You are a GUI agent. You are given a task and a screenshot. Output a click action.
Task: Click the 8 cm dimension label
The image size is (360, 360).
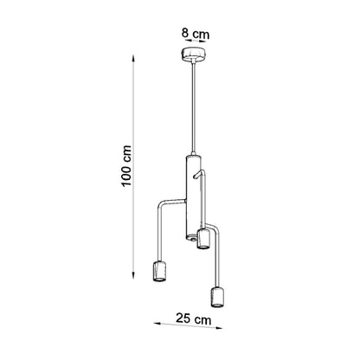click(x=196, y=34)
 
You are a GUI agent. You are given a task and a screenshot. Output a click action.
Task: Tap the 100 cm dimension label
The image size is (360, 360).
click(x=126, y=166)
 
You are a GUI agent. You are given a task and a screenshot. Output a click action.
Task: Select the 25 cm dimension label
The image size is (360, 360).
click(x=194, y=319)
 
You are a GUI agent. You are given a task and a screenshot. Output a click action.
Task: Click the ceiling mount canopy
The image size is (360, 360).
click(x=192, y=55)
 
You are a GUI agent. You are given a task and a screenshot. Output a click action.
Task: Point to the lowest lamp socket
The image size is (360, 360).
click(x=218, y=297)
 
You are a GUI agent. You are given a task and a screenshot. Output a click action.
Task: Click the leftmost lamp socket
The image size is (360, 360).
click(x=159, y=271)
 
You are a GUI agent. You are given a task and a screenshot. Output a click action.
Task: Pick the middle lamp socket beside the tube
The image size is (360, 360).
click(x=202, y=238)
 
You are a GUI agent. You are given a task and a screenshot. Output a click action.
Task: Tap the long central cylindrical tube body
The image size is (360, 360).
click(x=191, y=197)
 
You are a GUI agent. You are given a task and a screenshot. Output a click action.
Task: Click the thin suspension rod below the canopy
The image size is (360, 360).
click(x=192, y=107)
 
